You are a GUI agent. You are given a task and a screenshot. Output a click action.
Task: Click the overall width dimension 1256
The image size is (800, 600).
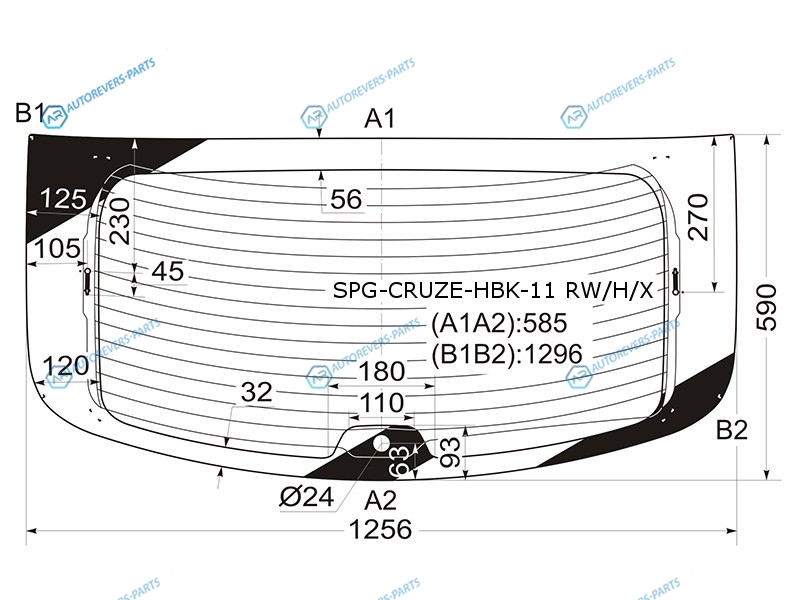pyautogui.click(x=381, y=529)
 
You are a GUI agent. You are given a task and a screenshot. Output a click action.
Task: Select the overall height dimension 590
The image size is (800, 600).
pyautogui.click(x=766, y=308)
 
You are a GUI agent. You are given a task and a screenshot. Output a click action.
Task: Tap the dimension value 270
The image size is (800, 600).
pyautogui.click(x=698, y=217)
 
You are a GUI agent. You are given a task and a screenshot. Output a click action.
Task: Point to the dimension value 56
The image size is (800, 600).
pyautogui.click(x=346, y=199)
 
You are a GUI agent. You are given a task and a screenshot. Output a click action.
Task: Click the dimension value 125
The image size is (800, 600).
pyautogui.click(x=63, y=198)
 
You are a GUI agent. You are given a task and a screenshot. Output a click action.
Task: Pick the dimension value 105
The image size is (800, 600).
pyautogui.click(x=57, y=248)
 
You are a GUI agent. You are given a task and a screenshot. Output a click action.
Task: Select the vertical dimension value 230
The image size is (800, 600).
pyautogui.click(x=120, y=220)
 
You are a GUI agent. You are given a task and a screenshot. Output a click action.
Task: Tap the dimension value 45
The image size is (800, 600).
pyautogui.click(x=168, y=271)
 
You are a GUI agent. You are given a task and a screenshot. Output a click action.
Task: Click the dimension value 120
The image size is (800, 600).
pyautogui.click(x=65, y=366)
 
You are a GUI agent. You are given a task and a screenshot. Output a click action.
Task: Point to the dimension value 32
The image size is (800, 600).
pyautogui.click(x=257, y=392)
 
